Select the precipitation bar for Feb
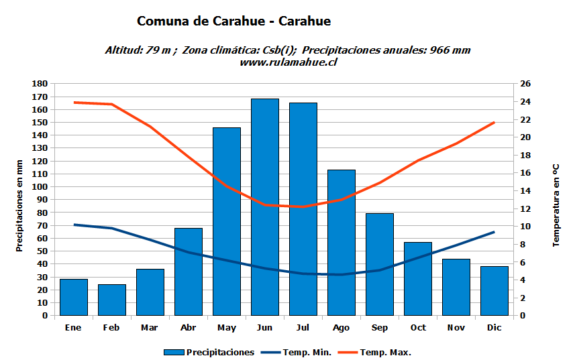click(112, 300)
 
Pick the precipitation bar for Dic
click(494, 290)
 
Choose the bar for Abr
click(189, 272)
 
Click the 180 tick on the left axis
click(40, 84)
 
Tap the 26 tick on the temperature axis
click(525, 84)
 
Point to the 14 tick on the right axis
click(525, 191)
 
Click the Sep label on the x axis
click(380, 328)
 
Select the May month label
click(227, 328)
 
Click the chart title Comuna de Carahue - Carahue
click(233, 21)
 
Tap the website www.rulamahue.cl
click(288, 62)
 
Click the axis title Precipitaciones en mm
click(19, 206)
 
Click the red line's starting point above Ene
click(74, 103)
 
